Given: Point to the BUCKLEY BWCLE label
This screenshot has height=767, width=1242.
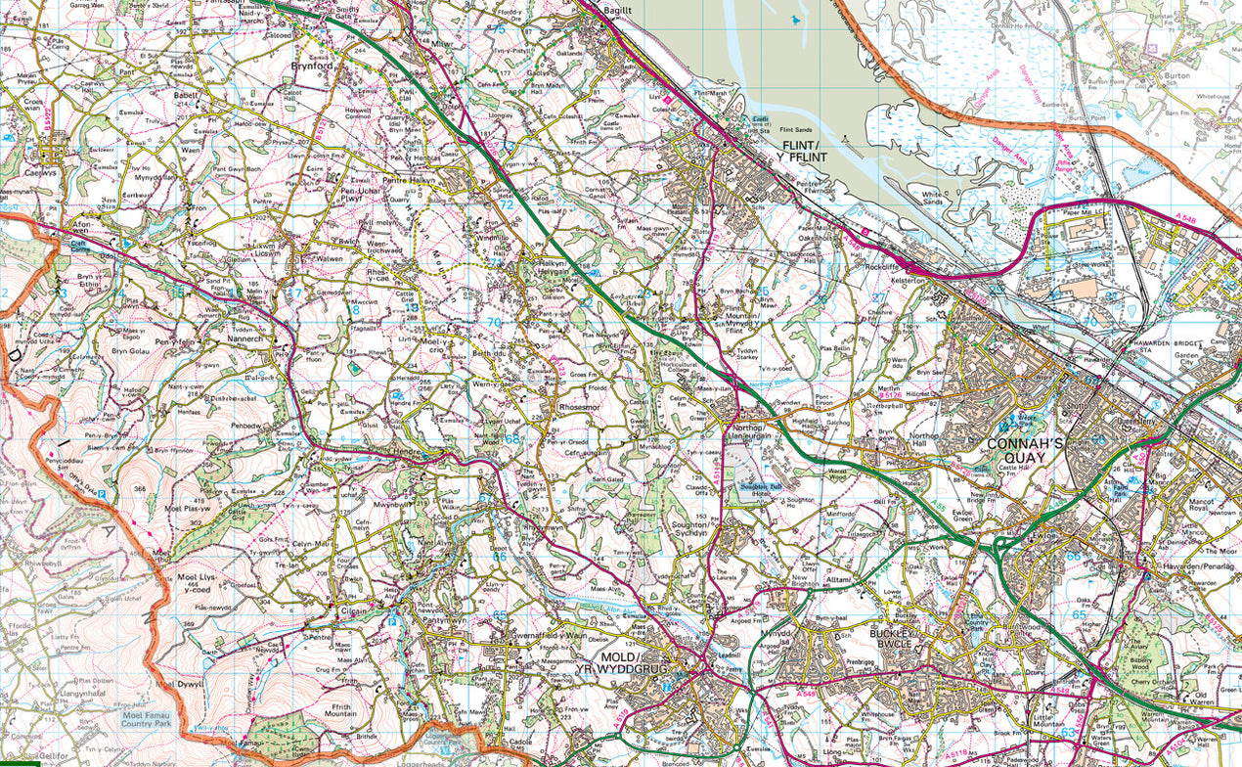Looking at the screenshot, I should click(x=891, y=639).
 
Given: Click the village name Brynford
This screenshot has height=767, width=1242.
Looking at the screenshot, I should click(x=312, y=67).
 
